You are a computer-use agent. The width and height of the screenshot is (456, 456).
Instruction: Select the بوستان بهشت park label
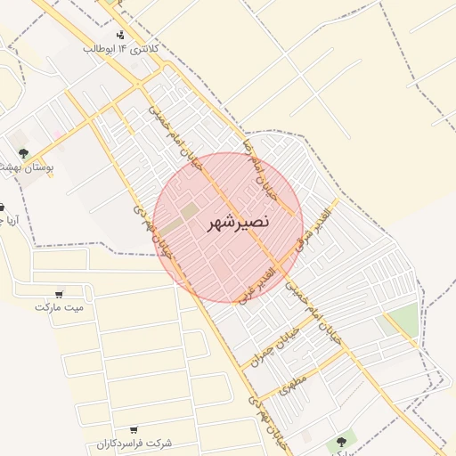(x=26, y=167)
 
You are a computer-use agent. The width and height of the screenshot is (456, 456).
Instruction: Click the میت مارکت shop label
(x=59, y=307)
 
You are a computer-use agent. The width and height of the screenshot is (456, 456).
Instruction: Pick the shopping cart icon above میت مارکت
(x=59, y=293)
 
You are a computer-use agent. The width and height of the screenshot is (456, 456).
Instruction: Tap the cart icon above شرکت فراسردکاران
(x=134, y=429)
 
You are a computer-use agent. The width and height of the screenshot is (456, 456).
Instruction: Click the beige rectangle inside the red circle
(x=191, y=212)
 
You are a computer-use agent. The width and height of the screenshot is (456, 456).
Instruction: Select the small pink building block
(x=59, y=135)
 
